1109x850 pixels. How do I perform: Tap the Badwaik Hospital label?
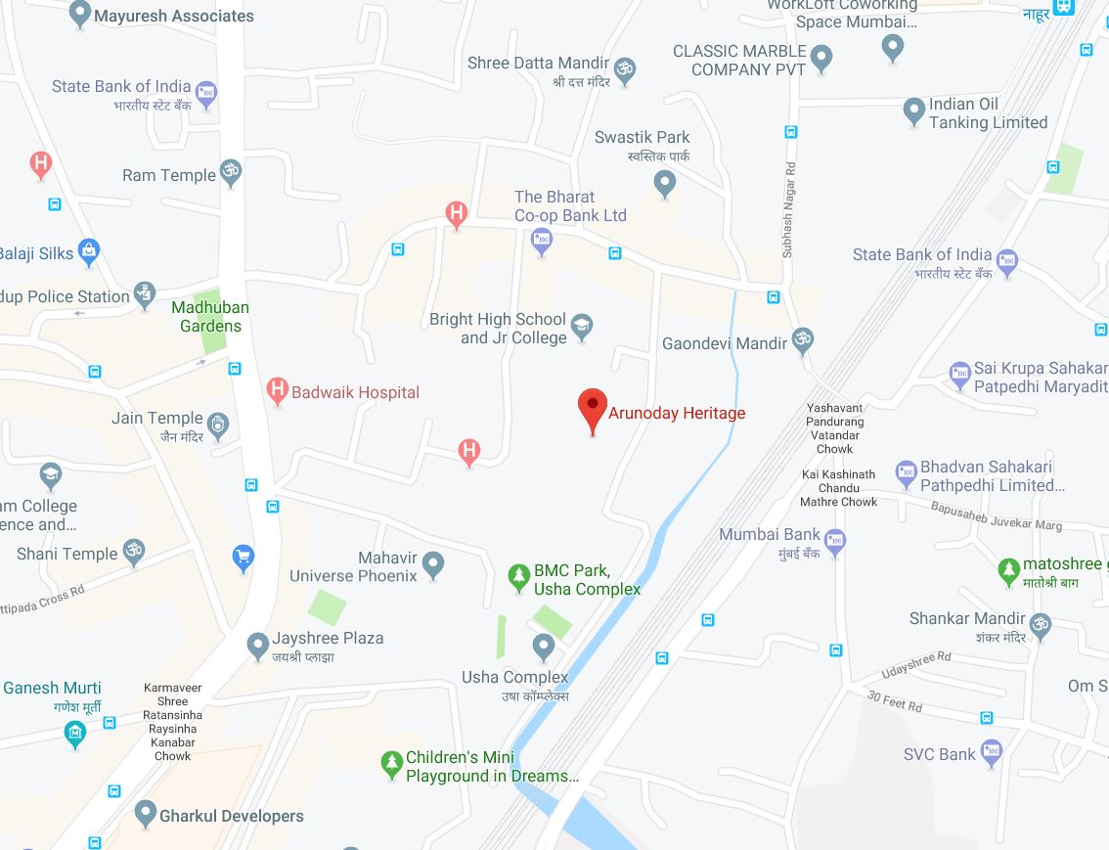click(x=355, y=392)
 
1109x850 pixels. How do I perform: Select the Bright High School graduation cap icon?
click(x=583, y=328)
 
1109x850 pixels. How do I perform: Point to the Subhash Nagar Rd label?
click(x=788, y=211)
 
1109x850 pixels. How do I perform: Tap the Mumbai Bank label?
click(x=770, y=534)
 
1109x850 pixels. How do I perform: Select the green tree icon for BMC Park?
click(x=519, y=578)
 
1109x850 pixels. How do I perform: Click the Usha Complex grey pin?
click(x=544, y=647)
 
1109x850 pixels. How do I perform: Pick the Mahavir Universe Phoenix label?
click(x=353, y=566)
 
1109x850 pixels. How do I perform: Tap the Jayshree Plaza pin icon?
click(x=258, y=646)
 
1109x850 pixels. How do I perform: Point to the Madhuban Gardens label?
click(x=210, y=316)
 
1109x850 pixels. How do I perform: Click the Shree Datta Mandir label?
click(x=539, y=64)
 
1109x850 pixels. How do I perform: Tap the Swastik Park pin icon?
click(x=665, y=182)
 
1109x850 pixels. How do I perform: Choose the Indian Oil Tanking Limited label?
click(x=988, y=113)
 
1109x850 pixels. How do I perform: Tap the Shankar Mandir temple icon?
click(x=1041, y=623)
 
